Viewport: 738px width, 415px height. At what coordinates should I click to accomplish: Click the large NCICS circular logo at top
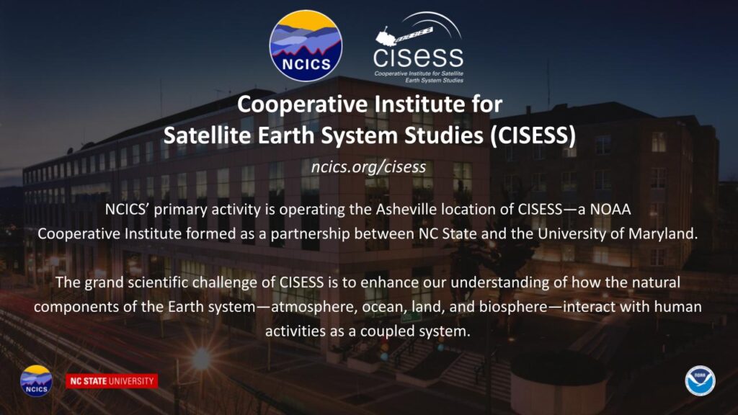point(306,45)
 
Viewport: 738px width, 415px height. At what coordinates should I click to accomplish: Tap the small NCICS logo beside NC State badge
point(36,380)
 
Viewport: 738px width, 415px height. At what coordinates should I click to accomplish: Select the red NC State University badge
point(112,381)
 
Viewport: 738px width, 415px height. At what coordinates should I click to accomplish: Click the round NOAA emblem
point(700,380)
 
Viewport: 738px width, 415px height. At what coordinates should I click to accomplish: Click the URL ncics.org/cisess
point(368,166)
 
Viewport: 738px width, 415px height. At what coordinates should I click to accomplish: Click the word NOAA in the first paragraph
point(610,209)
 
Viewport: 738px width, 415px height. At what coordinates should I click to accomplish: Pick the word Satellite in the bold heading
point(207,135)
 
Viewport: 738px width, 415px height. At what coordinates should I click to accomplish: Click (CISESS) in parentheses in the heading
point(533,135)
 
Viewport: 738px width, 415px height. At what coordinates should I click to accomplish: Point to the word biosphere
point(513,307)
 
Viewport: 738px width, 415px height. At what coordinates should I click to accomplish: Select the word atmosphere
point(310,307)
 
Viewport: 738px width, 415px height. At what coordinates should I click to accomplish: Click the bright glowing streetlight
point(202,359)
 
